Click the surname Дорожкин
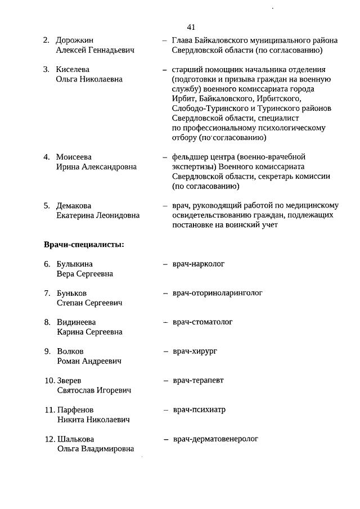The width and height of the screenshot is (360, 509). [75, 40]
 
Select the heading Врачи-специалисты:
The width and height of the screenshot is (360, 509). [84, 245]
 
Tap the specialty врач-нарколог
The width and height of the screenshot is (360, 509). [199, 264]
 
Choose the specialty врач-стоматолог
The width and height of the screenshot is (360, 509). [202, 322]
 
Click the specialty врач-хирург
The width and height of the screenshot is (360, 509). [195, 351]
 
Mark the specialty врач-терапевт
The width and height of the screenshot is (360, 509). [198, 380]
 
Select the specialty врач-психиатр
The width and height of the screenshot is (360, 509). [199, 409]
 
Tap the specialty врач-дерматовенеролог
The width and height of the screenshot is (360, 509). [215, 438]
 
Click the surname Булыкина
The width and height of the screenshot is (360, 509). [75, 264]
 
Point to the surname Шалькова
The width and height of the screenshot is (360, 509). [75, 439]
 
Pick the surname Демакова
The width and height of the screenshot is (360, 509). [74, 206]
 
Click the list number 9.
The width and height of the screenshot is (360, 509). [48, 352]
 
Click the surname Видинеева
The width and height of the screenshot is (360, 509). [76, 322]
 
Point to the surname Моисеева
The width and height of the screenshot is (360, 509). [74, 157]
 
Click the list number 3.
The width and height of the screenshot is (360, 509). [47, 70]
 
